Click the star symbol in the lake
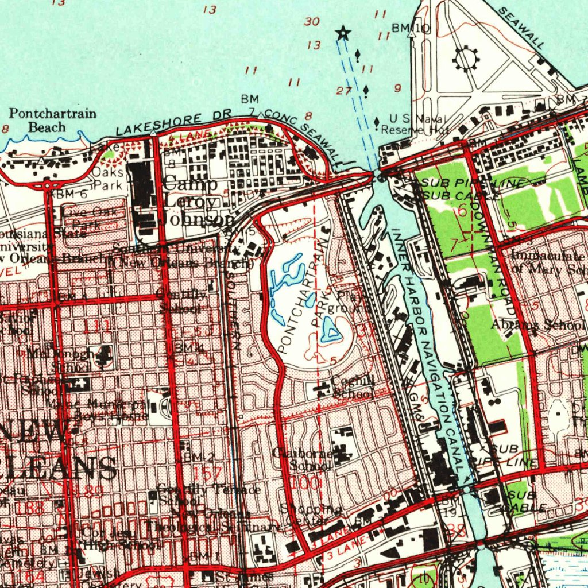click(343, 33)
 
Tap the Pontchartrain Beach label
click(52, 120)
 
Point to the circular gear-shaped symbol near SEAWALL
click(466, 58)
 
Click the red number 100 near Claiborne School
click(305, 483)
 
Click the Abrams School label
click(537, 325)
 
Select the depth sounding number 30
click(312, 21)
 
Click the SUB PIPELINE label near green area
click(473, 184)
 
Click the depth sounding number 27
click(344, 90)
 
